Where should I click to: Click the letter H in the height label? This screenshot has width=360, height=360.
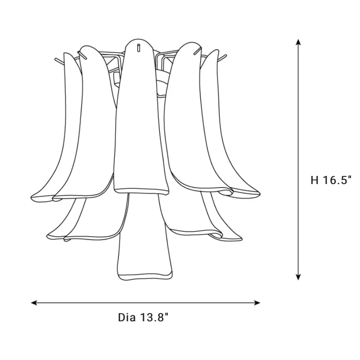tap(314, 180)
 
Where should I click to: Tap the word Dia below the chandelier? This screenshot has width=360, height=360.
tap(127, 318)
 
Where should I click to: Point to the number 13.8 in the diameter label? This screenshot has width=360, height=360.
tap(153, 318)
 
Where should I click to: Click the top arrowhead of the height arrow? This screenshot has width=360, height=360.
tap(298, 43)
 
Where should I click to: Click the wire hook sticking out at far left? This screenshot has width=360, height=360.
tap(58, 59)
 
